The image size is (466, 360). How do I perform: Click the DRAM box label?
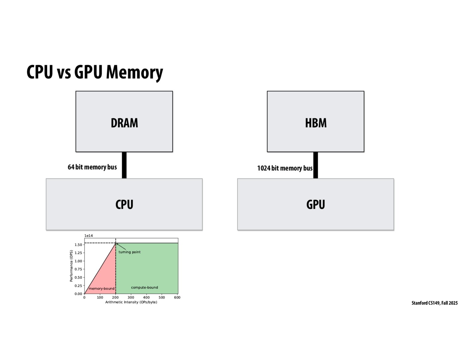(124, 123)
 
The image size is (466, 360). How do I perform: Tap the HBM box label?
(316, 123)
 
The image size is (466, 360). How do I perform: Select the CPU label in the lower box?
(124, 205)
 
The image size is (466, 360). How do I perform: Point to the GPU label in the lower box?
(316, 205)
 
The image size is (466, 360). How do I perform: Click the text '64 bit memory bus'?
(92, 167)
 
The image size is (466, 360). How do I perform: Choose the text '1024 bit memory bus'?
(285, 168)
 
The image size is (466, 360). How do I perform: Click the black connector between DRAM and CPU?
(124, 165)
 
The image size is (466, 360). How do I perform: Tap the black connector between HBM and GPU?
(316, 165)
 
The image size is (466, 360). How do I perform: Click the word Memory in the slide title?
(134, 72)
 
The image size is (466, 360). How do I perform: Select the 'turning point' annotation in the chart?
(129, 252)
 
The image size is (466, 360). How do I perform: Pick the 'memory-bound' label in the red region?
(101, 289)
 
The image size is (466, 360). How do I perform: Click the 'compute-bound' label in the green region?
(144, 287)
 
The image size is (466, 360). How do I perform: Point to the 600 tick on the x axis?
(177, 298)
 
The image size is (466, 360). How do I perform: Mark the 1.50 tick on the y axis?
(78, 245)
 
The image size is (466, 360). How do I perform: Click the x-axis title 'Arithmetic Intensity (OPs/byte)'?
(131, 302)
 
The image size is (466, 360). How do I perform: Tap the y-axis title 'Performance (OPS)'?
(71, 266)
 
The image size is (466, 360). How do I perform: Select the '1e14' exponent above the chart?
(89, 236)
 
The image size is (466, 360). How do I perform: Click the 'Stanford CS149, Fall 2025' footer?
(434, 303)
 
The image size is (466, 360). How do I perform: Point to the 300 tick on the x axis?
(131, 298)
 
